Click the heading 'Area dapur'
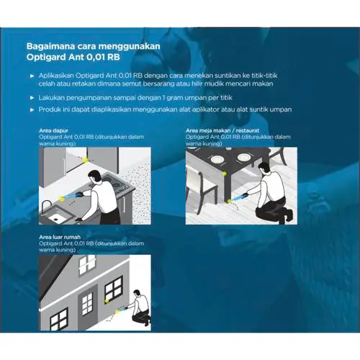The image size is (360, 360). pos(53,130)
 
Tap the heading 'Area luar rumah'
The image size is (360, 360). pos(60,237)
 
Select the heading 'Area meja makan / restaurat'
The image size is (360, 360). pos(222,130)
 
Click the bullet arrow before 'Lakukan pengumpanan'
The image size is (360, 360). pos(32,98)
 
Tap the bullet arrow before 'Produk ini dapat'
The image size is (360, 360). pos(32,110)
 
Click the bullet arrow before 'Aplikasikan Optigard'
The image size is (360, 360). pos(32,76)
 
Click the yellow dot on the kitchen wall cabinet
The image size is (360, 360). pos(85,159)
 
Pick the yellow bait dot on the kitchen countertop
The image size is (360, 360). pos(62,198)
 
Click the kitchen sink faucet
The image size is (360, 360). pos(45,207)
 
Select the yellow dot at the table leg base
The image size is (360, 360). pos(229,201)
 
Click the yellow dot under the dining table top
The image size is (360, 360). pos(225,174)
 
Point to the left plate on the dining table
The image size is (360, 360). pos(217,159)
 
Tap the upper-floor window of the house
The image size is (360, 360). pos(88,264)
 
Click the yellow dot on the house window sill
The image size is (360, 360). pos(107,300)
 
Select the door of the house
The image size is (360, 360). pos(88,305)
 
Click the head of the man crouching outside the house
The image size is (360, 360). pos(136,294)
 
